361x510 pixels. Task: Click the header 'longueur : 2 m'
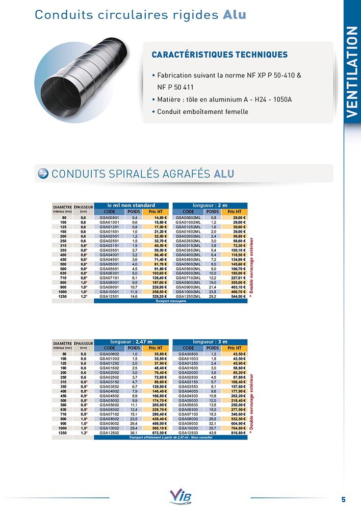tap(210, 205)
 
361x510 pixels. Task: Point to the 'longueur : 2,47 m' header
tap(131, 342)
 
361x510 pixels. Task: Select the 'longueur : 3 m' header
tap(210, 342)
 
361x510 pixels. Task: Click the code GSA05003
tap(188, 400)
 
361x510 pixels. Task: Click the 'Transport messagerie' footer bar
tap(171, 301)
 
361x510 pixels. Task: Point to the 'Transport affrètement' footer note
tap(171, 438)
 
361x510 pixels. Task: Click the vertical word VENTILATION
tap(352, 71)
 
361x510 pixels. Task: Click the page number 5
tap(343, 499)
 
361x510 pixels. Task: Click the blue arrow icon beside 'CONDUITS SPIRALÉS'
tap(43, 173)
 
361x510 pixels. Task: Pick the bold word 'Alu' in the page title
tap(235, 15)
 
